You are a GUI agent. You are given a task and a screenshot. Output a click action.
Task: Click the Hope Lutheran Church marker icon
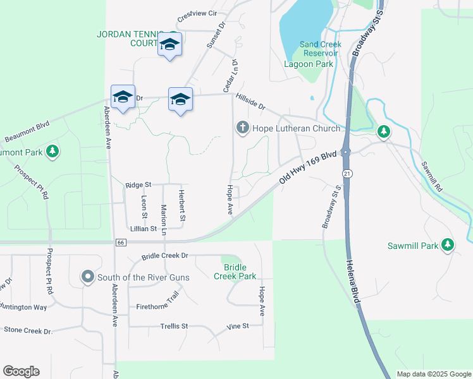point(242,128)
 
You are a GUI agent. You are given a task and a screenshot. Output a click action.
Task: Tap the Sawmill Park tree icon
point(448,244)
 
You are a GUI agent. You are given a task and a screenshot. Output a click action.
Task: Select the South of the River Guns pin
point(88,277)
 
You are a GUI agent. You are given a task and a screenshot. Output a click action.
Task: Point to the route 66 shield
point(121,242)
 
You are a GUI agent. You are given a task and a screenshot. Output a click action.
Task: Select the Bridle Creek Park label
point(235,272)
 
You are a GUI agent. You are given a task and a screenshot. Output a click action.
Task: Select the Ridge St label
point(138,184)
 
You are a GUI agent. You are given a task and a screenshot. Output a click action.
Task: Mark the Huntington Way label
point(24,307)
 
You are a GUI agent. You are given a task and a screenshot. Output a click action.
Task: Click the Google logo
point(21,371)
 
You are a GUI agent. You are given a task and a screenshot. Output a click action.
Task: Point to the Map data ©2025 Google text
point(433,374)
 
